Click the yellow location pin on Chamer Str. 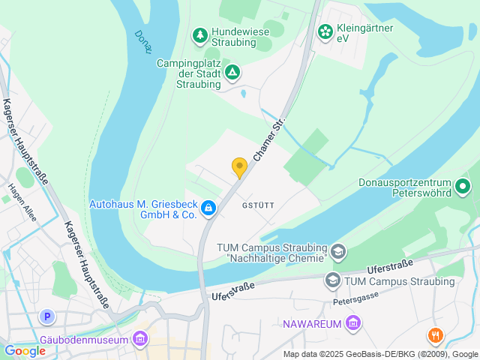[x=239, y=167]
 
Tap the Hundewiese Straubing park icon [x=199, y=34]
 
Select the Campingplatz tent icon [x=232, y=72]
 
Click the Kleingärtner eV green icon [x=325, y=31]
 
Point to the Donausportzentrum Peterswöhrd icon [x=463, y=185]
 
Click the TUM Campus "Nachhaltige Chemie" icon [x=339, y=250]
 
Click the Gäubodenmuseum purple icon [x=139, y=340]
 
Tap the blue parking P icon [x=48, y=316]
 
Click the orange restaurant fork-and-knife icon [x=435, y=335]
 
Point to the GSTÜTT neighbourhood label [x=258, y=205]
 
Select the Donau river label [x=143, y=41]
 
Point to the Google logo [x=25, y=350]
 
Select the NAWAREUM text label [x=312, y=324]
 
